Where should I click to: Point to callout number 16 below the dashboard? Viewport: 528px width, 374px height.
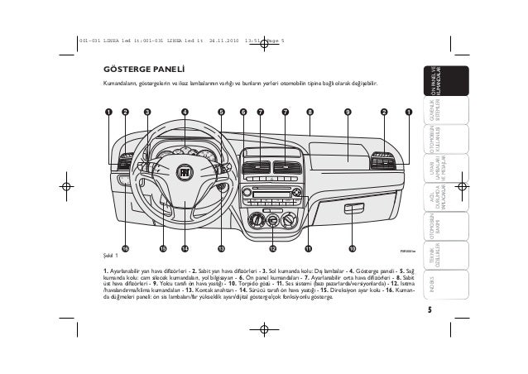point(126,247)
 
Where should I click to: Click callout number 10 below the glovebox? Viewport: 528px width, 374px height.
point(352,247)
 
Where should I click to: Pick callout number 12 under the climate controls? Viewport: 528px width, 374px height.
point(272,247)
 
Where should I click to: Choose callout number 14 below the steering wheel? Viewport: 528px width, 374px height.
point(185,247)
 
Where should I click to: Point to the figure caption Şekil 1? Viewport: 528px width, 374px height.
point(111,256)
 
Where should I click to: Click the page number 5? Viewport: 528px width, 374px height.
point(430,311)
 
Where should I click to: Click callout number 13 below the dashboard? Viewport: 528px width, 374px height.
point(221,247)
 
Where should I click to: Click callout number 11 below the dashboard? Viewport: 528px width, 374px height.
point(308,247)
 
